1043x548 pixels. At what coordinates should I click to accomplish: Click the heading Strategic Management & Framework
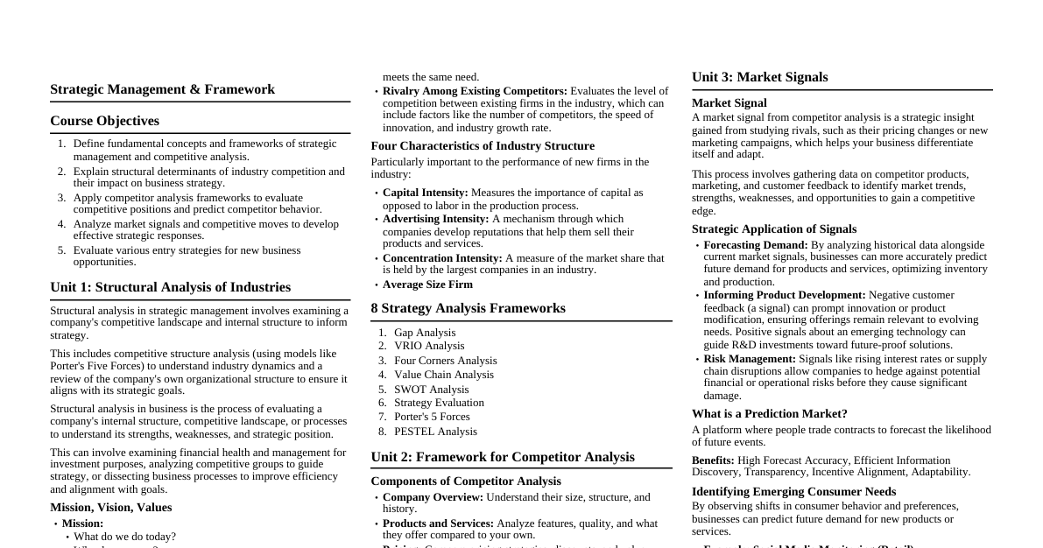[x=162, y=89]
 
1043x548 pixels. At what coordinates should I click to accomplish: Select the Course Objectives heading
[x=104, y=121]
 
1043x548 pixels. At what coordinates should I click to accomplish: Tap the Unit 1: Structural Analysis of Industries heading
[x=170, y=287]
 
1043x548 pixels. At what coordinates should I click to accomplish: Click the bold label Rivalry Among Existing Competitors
[x=475, y=91]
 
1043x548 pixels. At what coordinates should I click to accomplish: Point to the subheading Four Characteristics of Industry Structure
[x=483, y=146]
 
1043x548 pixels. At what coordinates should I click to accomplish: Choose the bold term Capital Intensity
[x=426, y=193]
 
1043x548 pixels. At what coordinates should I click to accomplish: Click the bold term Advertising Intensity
[x=435, y=219]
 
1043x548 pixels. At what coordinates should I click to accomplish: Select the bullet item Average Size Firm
[x=427, y=285]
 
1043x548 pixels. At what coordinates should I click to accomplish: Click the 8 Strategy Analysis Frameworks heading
[x=468, y=308]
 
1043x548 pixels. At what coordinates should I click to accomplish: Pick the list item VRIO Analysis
[x=429, y=346]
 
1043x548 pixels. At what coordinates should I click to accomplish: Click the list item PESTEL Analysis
[x=435, y=432]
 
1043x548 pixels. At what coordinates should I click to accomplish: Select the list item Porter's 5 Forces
[x=432, y=417]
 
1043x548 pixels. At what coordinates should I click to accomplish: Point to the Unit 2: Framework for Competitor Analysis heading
[x=503, y=457]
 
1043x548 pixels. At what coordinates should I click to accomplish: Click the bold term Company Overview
[x=433, y=497]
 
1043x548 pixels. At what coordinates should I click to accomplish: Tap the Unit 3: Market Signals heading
[x=759, y=77]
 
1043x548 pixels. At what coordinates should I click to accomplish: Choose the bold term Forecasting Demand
[x=755, y=245]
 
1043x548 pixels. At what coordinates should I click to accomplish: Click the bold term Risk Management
[x=750, y=359]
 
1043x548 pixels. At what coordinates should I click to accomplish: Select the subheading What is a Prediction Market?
[x=769, y=414]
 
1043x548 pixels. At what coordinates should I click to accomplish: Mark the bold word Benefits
[x=713, y=460]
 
